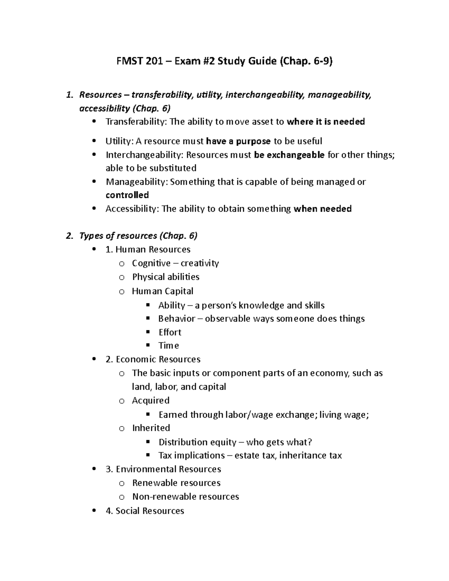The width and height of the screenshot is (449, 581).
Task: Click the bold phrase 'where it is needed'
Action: [x=326, y=122]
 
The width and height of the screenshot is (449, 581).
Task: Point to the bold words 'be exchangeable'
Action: [x=289, y=155]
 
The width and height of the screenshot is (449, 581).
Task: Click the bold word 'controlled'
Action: [x=127, y=195]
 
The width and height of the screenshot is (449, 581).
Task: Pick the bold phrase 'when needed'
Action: [x=323, y=209]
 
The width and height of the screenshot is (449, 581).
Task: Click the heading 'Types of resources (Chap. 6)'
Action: [x=138, y=236]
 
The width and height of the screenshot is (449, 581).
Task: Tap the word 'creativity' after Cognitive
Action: [x=200, y=263]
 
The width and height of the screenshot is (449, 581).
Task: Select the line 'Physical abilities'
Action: [x=165, y=277]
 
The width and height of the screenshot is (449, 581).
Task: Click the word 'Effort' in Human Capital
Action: [x=170, y=332]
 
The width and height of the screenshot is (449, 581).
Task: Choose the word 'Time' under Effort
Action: [x=169, y=346]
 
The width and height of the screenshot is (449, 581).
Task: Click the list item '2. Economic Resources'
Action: [x=153, y=360]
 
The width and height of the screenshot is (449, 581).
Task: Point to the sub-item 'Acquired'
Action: [x=150, y=401]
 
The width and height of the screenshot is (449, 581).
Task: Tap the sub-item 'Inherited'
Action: [x=151, y=428]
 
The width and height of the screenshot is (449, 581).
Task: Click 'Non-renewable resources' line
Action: [x=186, y=497]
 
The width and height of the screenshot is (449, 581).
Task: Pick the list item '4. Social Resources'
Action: [x=145, y=511]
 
